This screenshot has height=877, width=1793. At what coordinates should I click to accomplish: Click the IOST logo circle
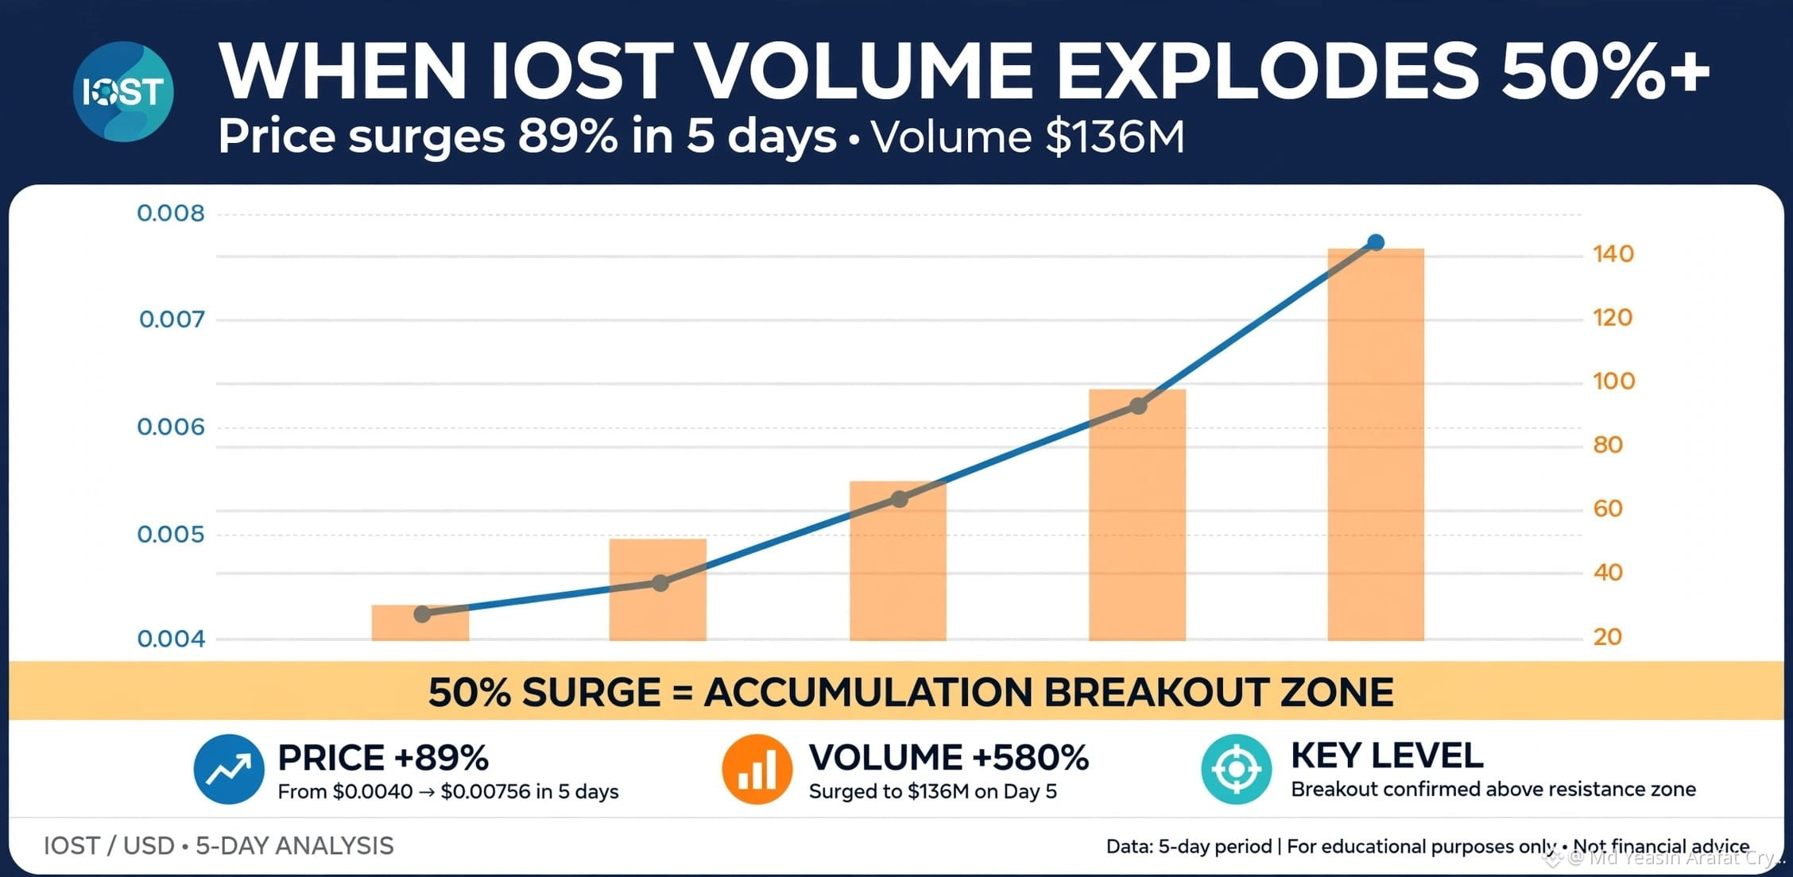coord(123,92)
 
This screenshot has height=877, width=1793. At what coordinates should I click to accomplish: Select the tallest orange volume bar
coord(1376,444)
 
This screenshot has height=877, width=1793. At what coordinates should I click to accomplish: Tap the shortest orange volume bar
coord(420,623)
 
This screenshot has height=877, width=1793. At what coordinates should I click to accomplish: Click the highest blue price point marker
coord(1376,242)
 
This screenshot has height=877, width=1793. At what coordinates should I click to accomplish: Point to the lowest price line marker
coord(422,614)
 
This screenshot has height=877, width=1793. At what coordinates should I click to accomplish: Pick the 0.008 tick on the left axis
coord(171,213)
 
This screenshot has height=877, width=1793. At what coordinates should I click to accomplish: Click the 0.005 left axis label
coord(171,534)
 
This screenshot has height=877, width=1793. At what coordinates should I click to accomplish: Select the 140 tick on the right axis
coord(1613,254)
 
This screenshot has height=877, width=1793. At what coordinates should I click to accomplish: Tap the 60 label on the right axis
coord(1608,508)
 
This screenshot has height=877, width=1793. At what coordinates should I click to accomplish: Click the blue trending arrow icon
coord(229,769)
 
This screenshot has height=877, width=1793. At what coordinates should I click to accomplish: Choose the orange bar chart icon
coord(757,769)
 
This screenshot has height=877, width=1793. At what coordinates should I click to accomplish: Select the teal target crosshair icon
coord(1237,769)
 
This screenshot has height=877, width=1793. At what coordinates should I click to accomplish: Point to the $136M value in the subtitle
coord(1115,137)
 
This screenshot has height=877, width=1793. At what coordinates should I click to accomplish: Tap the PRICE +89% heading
coord(383,758)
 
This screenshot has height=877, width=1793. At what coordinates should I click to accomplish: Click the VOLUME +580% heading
coord(949,758)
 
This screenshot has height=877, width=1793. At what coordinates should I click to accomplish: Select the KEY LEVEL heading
coord(1387,755)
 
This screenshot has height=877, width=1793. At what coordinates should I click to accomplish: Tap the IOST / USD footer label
coord(109,846)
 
